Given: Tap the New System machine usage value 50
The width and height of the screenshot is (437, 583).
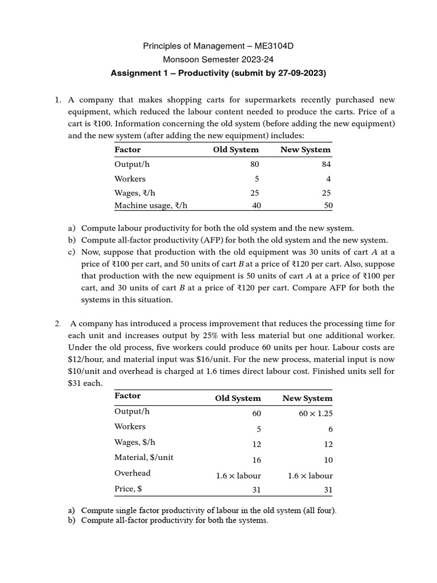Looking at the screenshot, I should (x=328, y=206).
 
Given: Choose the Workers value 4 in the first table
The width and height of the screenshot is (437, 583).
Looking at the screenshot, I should (x=328, y=179).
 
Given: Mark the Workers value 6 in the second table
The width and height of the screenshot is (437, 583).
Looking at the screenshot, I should (x=330, y=429).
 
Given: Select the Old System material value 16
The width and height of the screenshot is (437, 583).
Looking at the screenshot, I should (x=256, y=459).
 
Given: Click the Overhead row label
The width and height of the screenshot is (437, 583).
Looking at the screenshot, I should (x=133, y=473).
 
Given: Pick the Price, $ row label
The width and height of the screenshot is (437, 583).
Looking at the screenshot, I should (x=128, y=488).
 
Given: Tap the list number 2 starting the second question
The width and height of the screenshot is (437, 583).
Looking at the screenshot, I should (x=57, y=323).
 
